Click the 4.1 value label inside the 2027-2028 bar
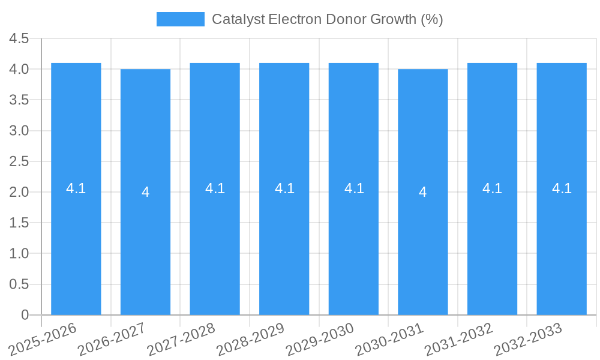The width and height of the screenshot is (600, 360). coord(215,188)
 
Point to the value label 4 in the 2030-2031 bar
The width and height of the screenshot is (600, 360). coord(423,192)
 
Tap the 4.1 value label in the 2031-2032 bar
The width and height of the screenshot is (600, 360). coord(492,188)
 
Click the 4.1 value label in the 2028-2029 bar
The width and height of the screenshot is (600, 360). coord(284,188)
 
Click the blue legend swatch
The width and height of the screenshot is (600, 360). coord(180,19)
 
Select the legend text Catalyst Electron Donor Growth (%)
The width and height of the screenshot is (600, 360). coord(327,19)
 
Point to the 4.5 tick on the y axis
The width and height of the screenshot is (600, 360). coord(19,39)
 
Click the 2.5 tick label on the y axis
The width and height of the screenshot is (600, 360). coord(19,161)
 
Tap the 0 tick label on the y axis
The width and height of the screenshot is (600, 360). coord(25,315)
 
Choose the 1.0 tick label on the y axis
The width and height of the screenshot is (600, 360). coord(19,254)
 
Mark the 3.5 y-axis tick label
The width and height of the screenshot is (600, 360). coord(19,100)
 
